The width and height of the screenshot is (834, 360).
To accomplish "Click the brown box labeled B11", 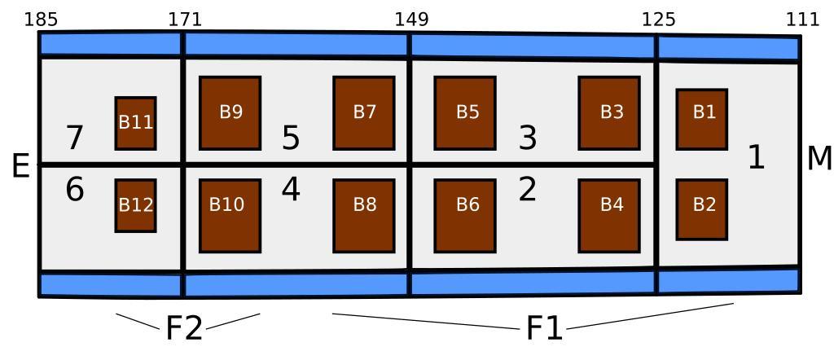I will pyautogui.click(x=135, y=123).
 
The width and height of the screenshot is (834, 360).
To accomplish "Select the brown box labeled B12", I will pyautogui.click(x=135, y=205).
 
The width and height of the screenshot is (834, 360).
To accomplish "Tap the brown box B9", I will pyautogui.click(x=230, y=112).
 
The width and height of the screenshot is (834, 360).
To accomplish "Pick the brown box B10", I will pyautogui.click(x=230, y=215).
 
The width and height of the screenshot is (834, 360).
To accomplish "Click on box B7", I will pyautogui.click(x=364, y=112).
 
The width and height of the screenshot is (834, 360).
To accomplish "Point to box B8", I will pyautogui.click(x=364, y=215).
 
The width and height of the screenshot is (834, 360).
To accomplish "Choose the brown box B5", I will pyautogui.click(x=465, y=112).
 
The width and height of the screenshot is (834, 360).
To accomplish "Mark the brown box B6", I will pyautogui.click(x=465, y=215).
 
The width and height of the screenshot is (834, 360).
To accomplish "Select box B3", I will pyautogui.click(x=609, y=112).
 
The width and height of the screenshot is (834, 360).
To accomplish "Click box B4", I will pyautogui.click(x=609, y=215).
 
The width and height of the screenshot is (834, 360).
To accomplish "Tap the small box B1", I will pyautogui.click(x=702, y=119).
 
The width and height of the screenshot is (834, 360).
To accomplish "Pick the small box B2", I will pyautogui.click(x=702, y=209).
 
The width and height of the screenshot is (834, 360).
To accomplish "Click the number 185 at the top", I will pyautogui.click(x=41, y=19).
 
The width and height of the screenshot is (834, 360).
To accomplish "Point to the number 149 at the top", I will pyautogui.click(x=411, y=19).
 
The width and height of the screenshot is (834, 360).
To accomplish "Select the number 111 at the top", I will pyautogui.click(x=802, y=19).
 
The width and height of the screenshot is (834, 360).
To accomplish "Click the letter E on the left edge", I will pyautogui.click(x=20, y=167).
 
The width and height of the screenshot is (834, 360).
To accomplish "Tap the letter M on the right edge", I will pyautogui.click(x=819, y=159).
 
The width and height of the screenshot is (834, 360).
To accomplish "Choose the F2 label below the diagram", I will pyautogui.click(x=184, y=328).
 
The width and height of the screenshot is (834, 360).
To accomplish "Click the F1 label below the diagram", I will pyautogui.click(x=544, y=328).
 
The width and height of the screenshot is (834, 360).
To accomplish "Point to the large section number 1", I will pyautogui.click(x=757, y=158).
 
